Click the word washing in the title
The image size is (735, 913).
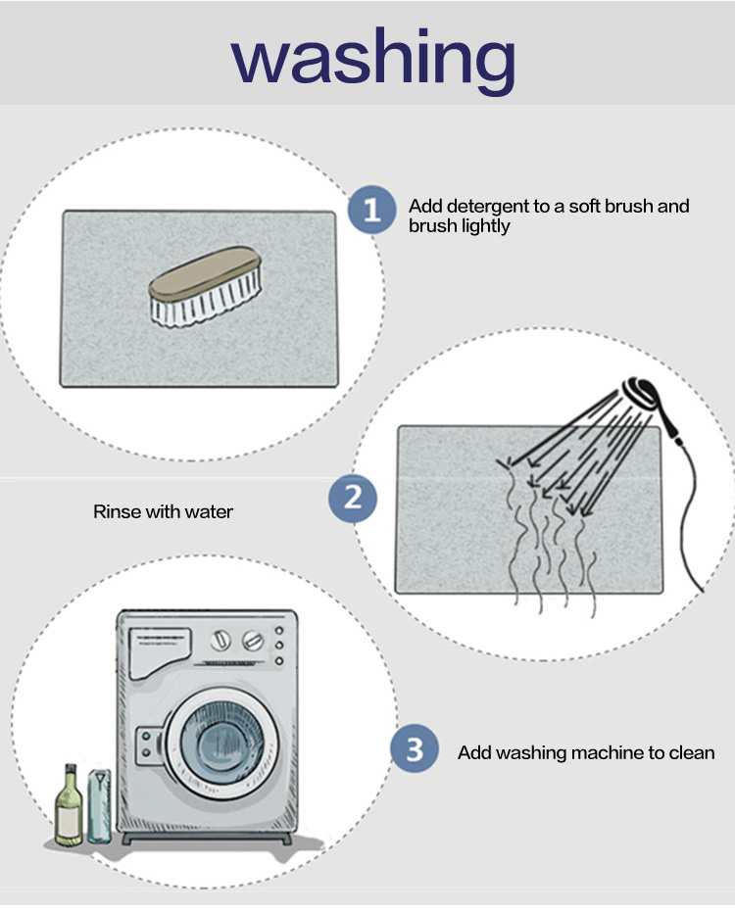pyautogui.click(x=373, y=61)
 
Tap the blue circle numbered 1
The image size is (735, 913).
pyautogui.click(x=371, y=210)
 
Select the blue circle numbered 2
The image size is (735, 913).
pyautogui.click(x=353, y=499)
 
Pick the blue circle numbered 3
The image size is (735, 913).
pyautogui.click(x=415, y=748)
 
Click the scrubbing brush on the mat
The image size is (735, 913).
pyautogui.click(x=205, y=286)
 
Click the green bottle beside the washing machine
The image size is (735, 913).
pyautogui.click(x=69, y=805)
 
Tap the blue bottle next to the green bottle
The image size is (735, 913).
pyautogui.click(x=99, y=806)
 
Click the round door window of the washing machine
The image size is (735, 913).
pyautogui.click(x=221, y=742)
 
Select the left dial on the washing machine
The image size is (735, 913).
pyautogui.click(x=220, y=641)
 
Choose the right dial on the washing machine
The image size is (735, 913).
pyautogui.click(x=252, y=641)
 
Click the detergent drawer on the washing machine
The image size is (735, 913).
pyautogui.click(x=160, y=652)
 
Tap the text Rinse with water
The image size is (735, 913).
pyautogui.click(x=163, y=511)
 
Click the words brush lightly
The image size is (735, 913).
pyautogui.click(x=459, y=226)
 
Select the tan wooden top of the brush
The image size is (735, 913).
pyautogui.click(x=204, y=273)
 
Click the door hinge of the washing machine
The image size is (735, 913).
pyautogui.click(x=149, y=745)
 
